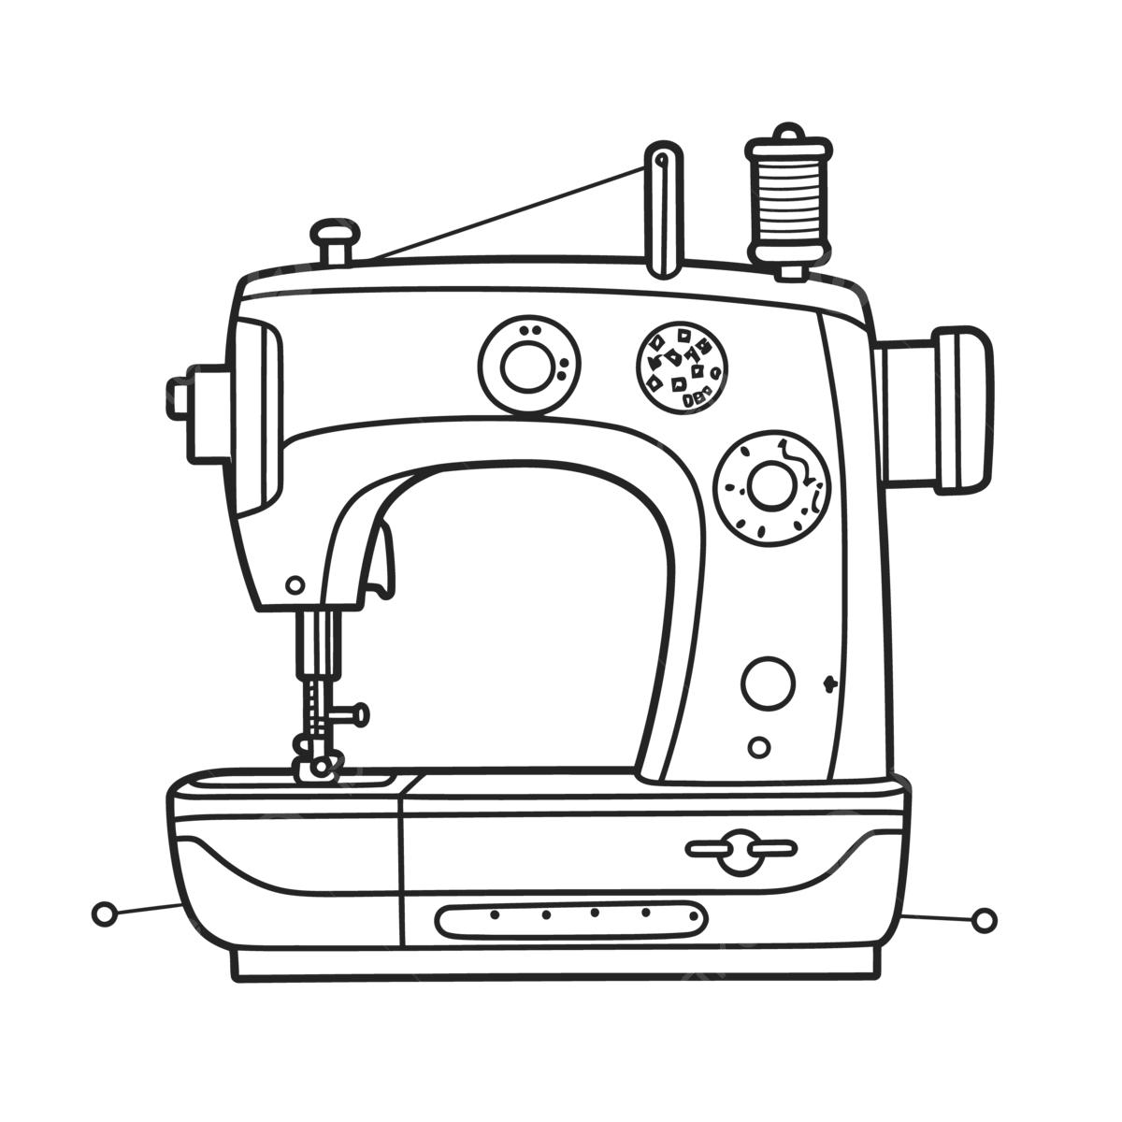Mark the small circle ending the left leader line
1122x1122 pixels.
105,913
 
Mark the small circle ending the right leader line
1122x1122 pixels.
983,921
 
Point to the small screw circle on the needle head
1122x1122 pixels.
295,583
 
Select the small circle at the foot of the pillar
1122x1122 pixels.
761,747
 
